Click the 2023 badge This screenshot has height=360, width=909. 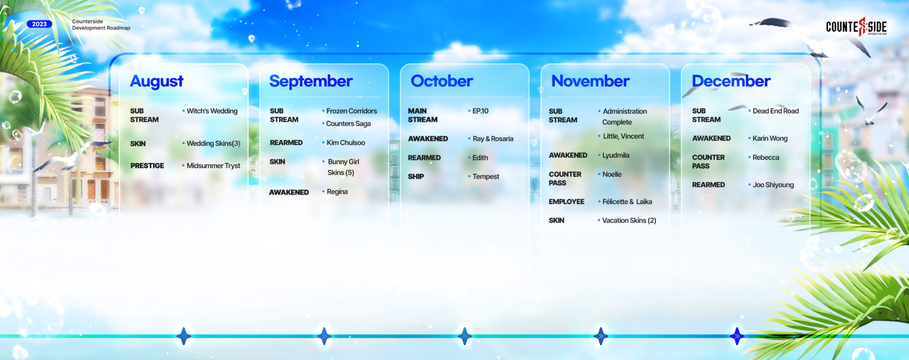39,24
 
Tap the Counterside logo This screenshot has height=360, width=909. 856,27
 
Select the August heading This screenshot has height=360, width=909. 157,81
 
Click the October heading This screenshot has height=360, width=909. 442,81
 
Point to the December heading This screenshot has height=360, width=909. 731,81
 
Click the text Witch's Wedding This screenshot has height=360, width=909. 212,111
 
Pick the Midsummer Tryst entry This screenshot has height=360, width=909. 214,166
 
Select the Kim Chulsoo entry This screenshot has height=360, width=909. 346,143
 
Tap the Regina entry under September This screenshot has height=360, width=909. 337,192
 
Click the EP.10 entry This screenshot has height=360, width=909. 480,111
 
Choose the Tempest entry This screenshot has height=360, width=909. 486,177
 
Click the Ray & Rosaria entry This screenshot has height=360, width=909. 493,139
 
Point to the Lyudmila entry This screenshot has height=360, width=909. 615,155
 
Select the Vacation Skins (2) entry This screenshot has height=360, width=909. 629,221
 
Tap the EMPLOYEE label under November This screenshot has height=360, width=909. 566,202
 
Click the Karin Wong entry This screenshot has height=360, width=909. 770,138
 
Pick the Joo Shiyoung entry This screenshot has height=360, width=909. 773,185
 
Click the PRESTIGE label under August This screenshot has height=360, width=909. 147,166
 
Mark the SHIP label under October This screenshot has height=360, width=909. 416,177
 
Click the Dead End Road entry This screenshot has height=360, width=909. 775,111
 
